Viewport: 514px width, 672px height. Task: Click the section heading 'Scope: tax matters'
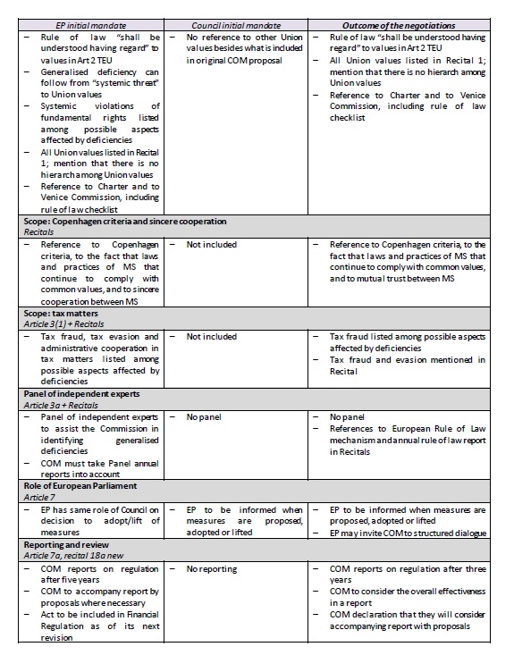pyautogui.click(x=59, y=315)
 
